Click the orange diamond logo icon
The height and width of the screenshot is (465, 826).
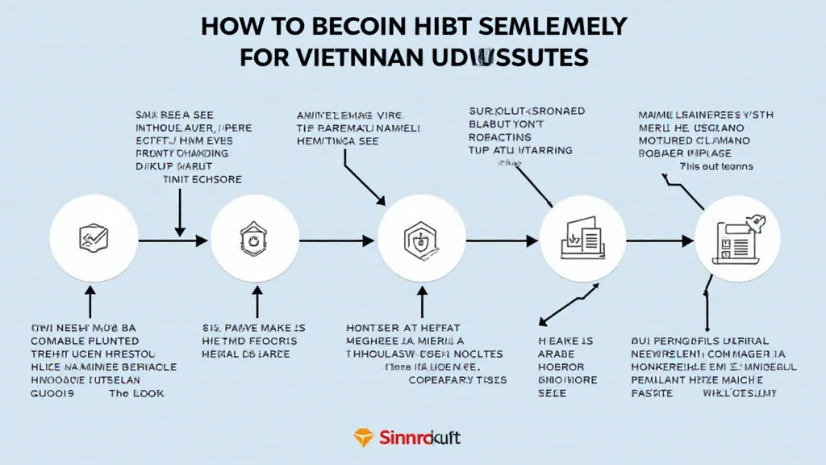[x=365, y=438]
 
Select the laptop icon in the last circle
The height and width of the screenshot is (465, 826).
[x=736, y=238]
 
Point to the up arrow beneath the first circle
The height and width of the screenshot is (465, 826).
[x=89, y=304]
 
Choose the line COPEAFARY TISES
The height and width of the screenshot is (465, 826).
[x=457, y=379]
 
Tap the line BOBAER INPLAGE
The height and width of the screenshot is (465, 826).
[x=684, y=153]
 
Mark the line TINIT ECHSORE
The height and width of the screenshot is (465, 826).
[x=202, y=179]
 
